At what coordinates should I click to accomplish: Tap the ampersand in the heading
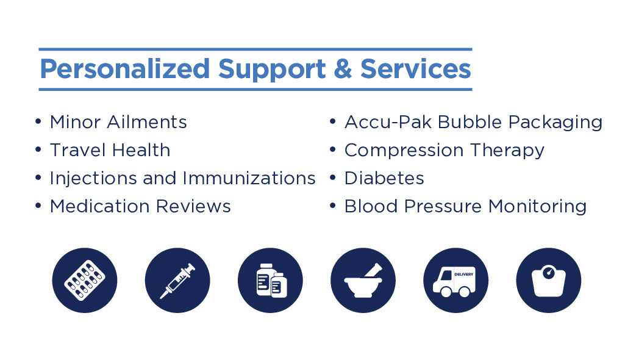pos(343,68)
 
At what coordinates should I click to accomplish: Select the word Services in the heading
pos(416,68)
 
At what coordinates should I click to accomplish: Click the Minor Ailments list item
pos(118,122)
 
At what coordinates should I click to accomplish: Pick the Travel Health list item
pos(110,150)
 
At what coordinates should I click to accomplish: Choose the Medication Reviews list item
pos(140,206)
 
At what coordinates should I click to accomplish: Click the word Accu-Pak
pos(388,122)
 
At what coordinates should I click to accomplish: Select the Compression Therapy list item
pos(445,151)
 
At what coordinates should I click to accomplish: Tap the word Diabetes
pos(384,178)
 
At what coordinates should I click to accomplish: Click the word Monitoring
pos(537,207)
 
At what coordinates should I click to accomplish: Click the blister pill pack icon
pos(85,280)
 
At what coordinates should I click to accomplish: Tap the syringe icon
pos(177,280)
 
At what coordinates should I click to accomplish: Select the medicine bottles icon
pos(270,280)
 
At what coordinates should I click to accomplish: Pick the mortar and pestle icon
pos(363,280)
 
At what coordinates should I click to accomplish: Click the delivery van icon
pos(456,280)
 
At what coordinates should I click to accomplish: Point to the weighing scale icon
pos(548,280)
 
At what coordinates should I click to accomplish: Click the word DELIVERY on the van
pos(464,275)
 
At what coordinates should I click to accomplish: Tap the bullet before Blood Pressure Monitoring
pos(333,205)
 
